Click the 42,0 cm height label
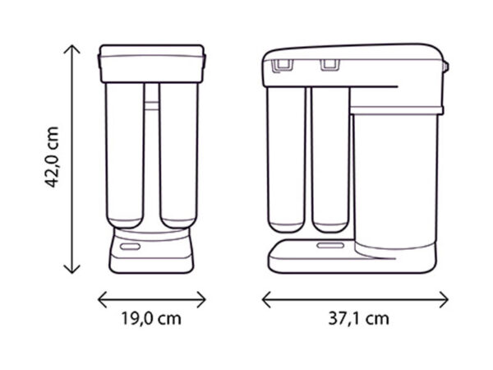click(52, 157)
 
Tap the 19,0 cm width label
click(151, 318)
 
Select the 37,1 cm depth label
click(359, 318)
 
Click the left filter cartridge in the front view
click(125, 155)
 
